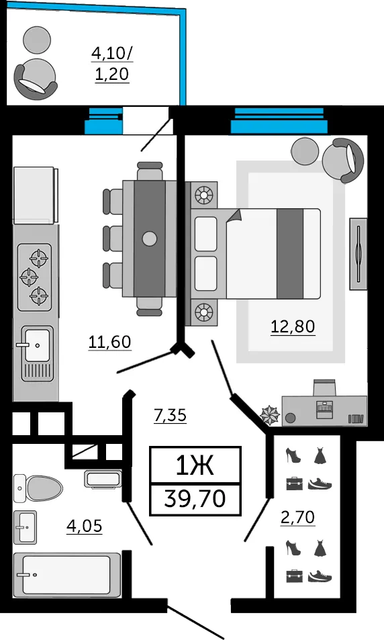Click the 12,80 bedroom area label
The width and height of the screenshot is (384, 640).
coord(293,326)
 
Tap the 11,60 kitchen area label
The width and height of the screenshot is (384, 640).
coord(110,342)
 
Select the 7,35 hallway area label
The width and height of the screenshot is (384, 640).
coord(170,416)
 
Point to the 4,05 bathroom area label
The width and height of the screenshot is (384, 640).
coord(85,526)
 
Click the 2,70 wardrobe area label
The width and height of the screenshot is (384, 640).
coord(297,518)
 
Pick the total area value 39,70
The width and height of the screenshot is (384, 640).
coord(195,498)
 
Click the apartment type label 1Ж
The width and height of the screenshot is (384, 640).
coord(195,465)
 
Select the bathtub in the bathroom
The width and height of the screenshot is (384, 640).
coord(67,575)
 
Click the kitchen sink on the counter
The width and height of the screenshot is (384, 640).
coord(37,353)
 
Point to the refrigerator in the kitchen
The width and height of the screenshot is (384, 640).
coord(35,195)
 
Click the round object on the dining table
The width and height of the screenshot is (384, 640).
coord(149,238)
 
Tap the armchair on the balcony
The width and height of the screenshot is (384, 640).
coord(36,79)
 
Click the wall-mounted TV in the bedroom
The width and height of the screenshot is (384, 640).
coord(358,254)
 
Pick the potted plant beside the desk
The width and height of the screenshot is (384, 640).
coord(270,414)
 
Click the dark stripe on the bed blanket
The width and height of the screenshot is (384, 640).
coord(290,254)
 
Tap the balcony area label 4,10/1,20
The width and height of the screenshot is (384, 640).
coord(112,64)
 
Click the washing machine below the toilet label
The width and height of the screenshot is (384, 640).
coord(103,479)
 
